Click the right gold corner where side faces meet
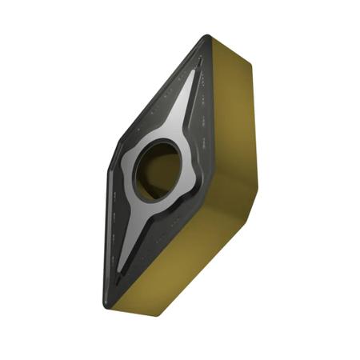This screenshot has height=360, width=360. pos(258,186)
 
